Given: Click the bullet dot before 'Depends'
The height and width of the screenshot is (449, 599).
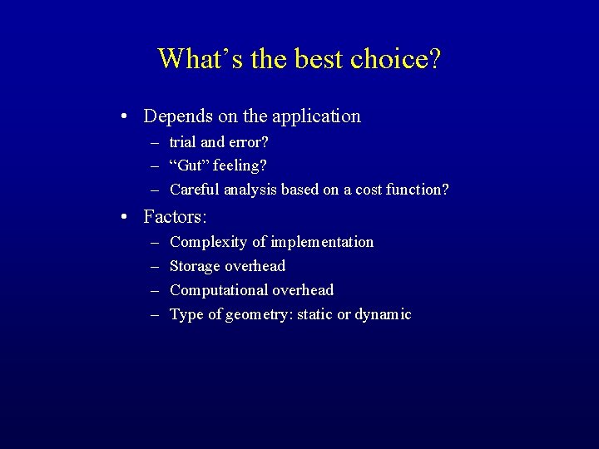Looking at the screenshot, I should click(123, 116).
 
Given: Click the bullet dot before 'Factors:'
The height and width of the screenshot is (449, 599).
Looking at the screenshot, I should click(123, 217).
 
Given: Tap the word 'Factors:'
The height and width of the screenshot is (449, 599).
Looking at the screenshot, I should click(175, 217).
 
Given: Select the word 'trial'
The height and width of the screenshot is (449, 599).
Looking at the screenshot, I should click(182, 142).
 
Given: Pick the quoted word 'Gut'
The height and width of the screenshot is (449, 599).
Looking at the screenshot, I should click(188, 165).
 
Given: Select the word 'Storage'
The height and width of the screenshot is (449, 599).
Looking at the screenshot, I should click(195, 266).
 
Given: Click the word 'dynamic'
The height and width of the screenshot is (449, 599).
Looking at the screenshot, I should click(383, 314).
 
